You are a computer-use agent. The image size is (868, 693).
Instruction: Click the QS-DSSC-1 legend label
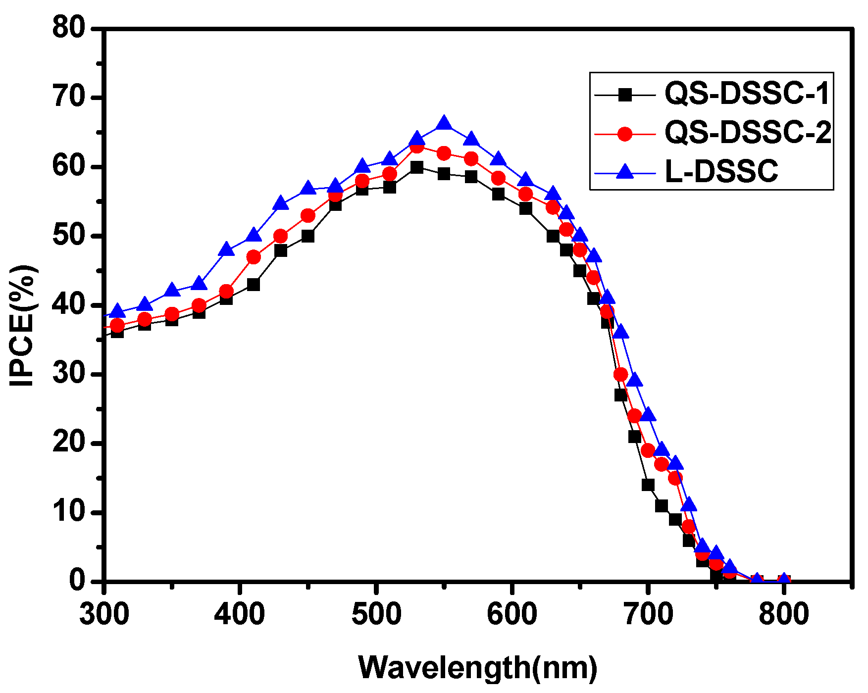coord(747,93)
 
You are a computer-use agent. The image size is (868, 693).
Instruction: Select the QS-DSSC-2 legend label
coord(748,133)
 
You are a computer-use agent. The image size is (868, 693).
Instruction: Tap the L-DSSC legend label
coord(721,172)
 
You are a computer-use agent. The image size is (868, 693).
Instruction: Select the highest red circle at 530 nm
coord(417,147)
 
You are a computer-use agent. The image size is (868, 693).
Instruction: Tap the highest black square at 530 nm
coord(417,167)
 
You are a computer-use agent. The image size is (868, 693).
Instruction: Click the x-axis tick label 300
coord(104,614)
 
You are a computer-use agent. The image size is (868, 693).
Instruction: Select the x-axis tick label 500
coord(376,614)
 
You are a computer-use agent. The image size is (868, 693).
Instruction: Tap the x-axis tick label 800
coord(784,614)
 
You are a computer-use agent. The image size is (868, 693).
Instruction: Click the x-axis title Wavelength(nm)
coord(478,667)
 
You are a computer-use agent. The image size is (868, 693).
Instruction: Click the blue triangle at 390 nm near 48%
coord(226,249)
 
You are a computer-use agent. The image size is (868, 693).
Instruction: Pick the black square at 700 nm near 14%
coord(648,485)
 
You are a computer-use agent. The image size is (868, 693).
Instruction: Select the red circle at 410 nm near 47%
coord(254,257)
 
